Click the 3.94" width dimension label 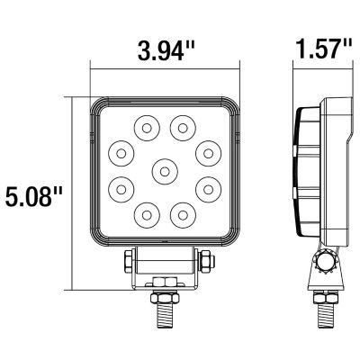click(x=166, y=50)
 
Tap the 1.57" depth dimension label click(x=321, y=50)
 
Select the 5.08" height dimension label click(x=36, y=195)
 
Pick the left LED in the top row click(x=143, y=127)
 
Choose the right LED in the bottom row click(x=184, y=213)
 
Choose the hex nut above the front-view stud click(x=165, y=283)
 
